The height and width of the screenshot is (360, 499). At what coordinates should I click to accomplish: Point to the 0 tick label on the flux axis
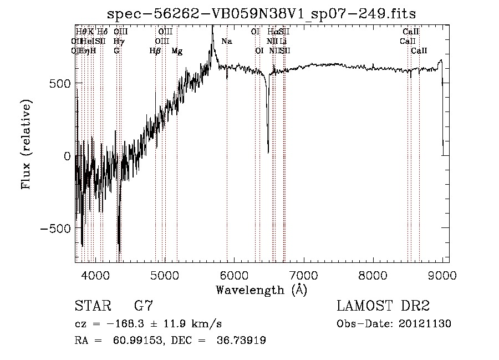point(67,156)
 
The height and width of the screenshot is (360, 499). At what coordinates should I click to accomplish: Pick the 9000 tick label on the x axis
point(442,275)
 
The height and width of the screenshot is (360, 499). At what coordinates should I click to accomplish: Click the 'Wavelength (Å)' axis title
point(261,290)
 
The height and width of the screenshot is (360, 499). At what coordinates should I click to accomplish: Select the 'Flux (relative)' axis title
point(27,144)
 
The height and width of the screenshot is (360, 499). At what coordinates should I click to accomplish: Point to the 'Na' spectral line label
point(226,41)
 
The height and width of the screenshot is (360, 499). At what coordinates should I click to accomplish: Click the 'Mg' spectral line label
point(177,51)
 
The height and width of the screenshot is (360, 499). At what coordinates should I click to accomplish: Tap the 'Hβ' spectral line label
point(155,51)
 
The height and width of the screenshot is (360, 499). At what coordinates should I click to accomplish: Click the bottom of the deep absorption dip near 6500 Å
point(268,152)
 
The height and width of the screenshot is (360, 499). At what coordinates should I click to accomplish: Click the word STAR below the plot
point(89,306)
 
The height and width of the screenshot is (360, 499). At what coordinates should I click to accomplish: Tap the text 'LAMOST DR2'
point(383,306)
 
